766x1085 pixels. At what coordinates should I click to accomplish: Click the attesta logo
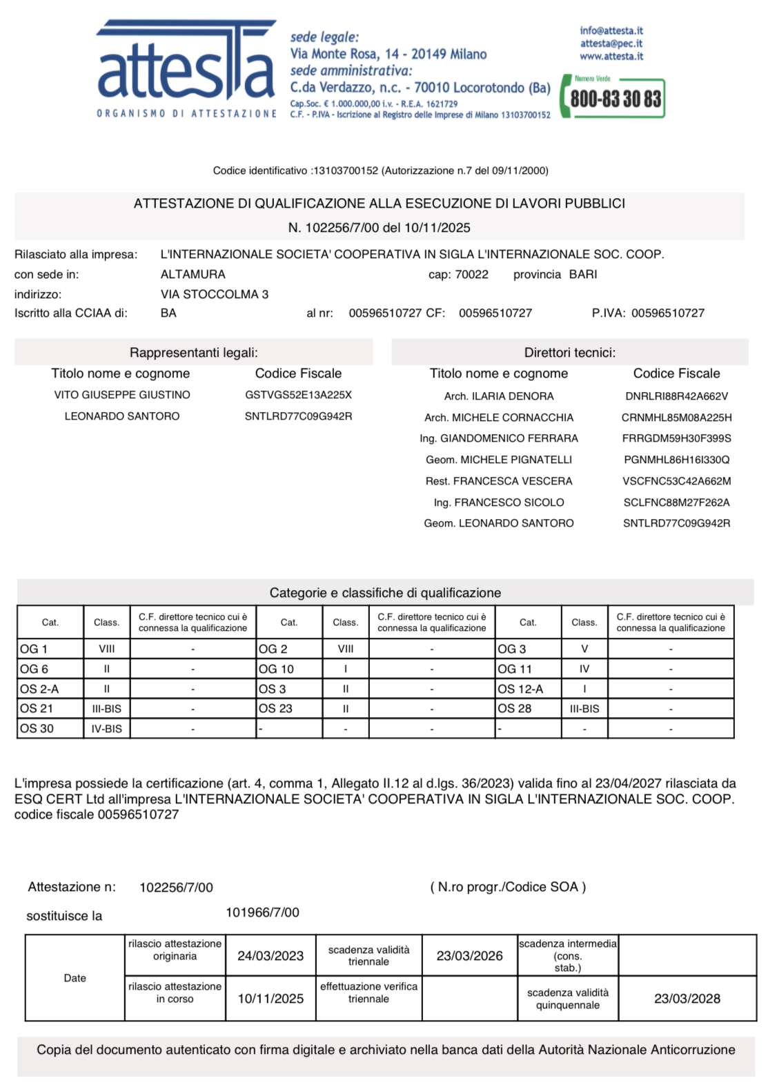click(186, 69)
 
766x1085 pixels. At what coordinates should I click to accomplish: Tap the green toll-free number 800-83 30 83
click(615, 99)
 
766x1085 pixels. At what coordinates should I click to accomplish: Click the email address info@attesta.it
click(611, 31)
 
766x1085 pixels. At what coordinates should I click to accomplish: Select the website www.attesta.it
click(611, 57)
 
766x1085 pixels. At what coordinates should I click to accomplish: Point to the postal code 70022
click(472, 275)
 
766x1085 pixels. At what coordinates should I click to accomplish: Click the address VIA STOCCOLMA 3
click(215, 294)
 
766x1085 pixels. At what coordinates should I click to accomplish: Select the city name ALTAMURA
click(193, 275)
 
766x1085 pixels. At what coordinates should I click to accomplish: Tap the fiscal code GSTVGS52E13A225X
click(298, 395)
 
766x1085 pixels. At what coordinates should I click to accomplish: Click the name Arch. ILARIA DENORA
click(499, 396)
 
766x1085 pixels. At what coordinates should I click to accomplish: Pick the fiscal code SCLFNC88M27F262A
click(676, 502)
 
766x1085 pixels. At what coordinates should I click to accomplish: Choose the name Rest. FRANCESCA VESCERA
click(499, 481)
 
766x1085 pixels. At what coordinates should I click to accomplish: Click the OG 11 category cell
click(515, 669)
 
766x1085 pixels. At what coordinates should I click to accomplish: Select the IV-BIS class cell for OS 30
click(107, 729)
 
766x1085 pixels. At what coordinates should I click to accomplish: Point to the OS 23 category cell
click(275, 709)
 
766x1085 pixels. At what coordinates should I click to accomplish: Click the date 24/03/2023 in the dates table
click(271, 956)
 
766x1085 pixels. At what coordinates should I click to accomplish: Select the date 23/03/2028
click(687, 999)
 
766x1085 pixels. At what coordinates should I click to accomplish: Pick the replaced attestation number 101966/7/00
click(262, 912)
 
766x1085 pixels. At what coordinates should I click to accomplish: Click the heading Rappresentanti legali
click(194, 353)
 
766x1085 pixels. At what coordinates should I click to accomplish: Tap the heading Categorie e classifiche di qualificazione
click(385, 593)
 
